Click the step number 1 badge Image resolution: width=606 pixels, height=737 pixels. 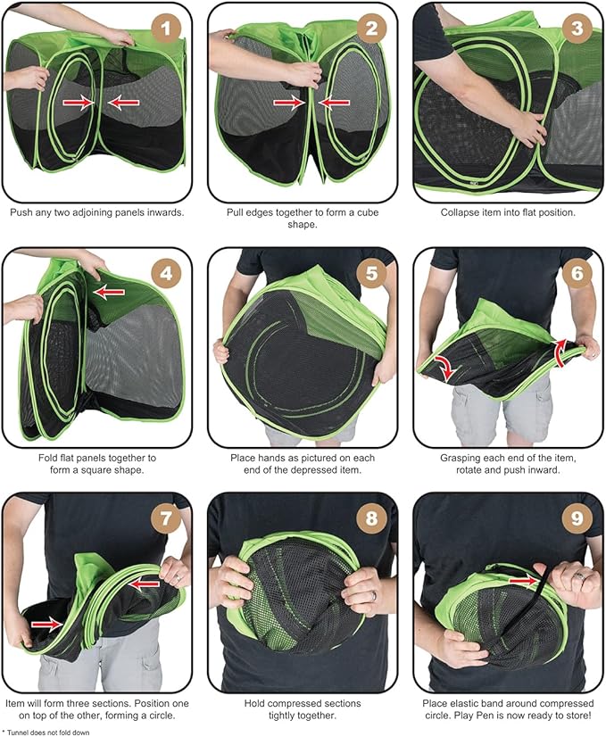165,29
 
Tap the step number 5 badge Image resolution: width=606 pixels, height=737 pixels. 371,273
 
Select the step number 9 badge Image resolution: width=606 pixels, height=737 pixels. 577,518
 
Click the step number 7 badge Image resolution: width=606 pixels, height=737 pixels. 165,518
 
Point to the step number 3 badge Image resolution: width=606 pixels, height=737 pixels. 577,29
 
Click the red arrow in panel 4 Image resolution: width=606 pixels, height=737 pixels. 109,293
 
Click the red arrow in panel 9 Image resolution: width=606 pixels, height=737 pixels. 524,582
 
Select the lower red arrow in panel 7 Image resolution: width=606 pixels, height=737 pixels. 46,624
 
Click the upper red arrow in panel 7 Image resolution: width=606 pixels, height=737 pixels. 145,584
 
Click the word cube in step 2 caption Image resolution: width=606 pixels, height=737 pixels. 368,212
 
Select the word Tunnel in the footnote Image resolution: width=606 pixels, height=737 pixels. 16,733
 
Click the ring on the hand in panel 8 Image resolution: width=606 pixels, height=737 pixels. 374,596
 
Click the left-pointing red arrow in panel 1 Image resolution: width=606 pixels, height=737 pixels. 123,103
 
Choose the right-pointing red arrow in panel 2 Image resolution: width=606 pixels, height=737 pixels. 289,102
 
